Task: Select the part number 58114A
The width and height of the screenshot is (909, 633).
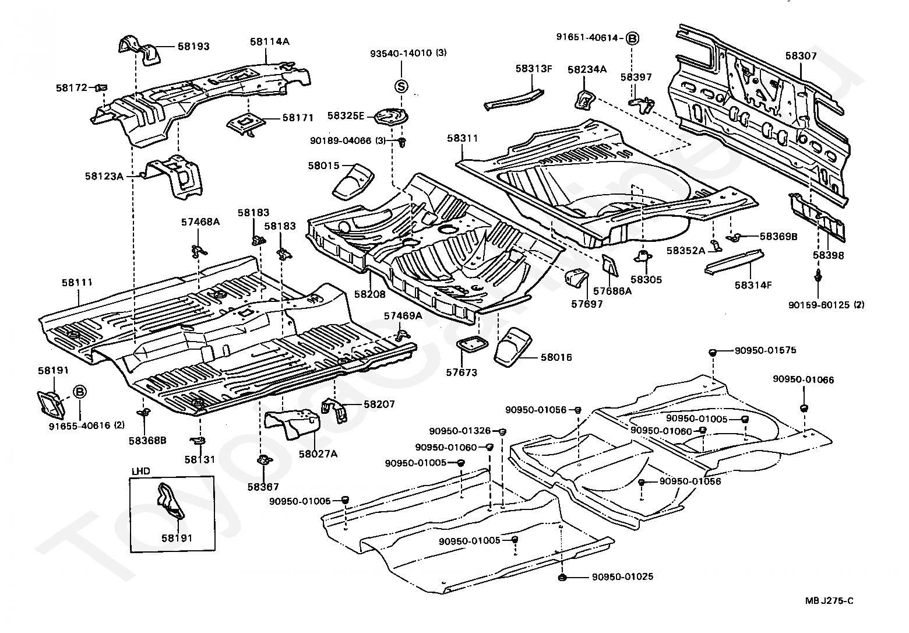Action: pos(270,41)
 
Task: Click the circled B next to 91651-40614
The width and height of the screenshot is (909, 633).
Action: pos(632,38)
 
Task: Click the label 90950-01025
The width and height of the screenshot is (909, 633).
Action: pos(622,577)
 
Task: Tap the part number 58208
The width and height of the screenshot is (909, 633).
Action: pos(370,294)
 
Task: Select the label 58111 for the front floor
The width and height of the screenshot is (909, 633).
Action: pos(77,282)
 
